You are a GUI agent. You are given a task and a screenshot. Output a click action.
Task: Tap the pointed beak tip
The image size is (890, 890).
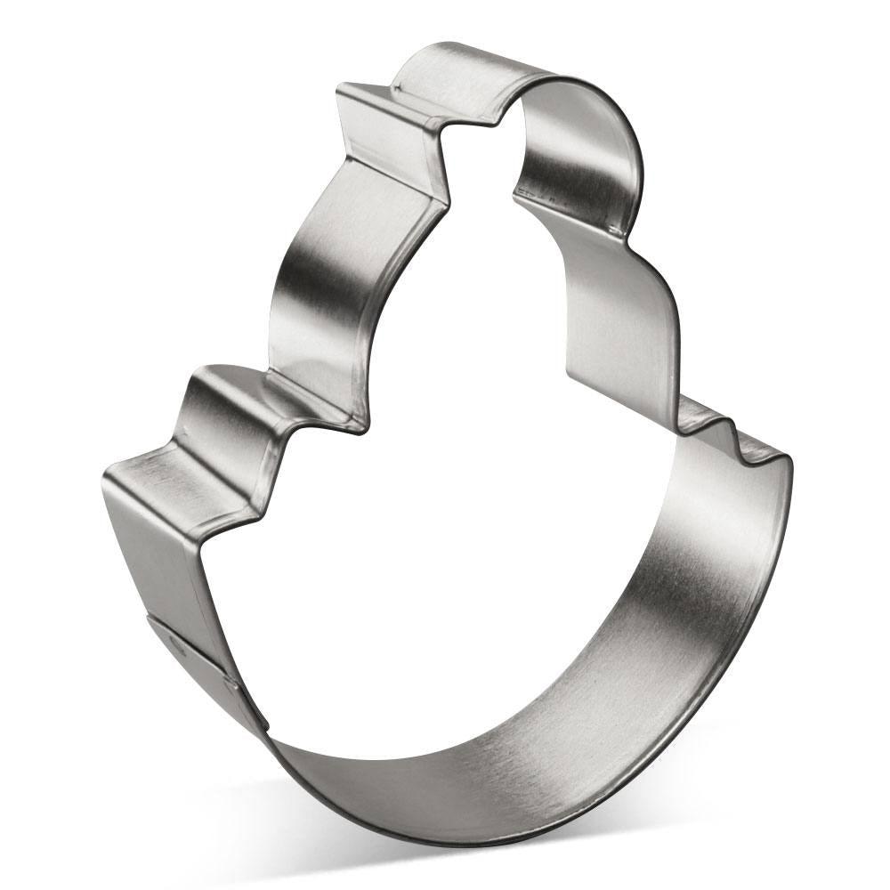341,89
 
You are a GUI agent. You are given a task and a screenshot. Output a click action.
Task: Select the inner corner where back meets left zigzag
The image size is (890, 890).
360,427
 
